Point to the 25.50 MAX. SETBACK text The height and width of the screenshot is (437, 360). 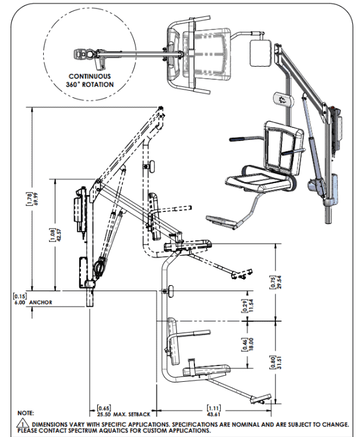[x=124, y=414]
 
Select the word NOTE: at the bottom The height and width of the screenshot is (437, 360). [x=26, y=414]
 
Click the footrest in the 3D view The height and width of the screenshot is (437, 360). [x=221, y=222]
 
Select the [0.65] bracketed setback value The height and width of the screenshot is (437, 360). [x=103, y=409]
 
